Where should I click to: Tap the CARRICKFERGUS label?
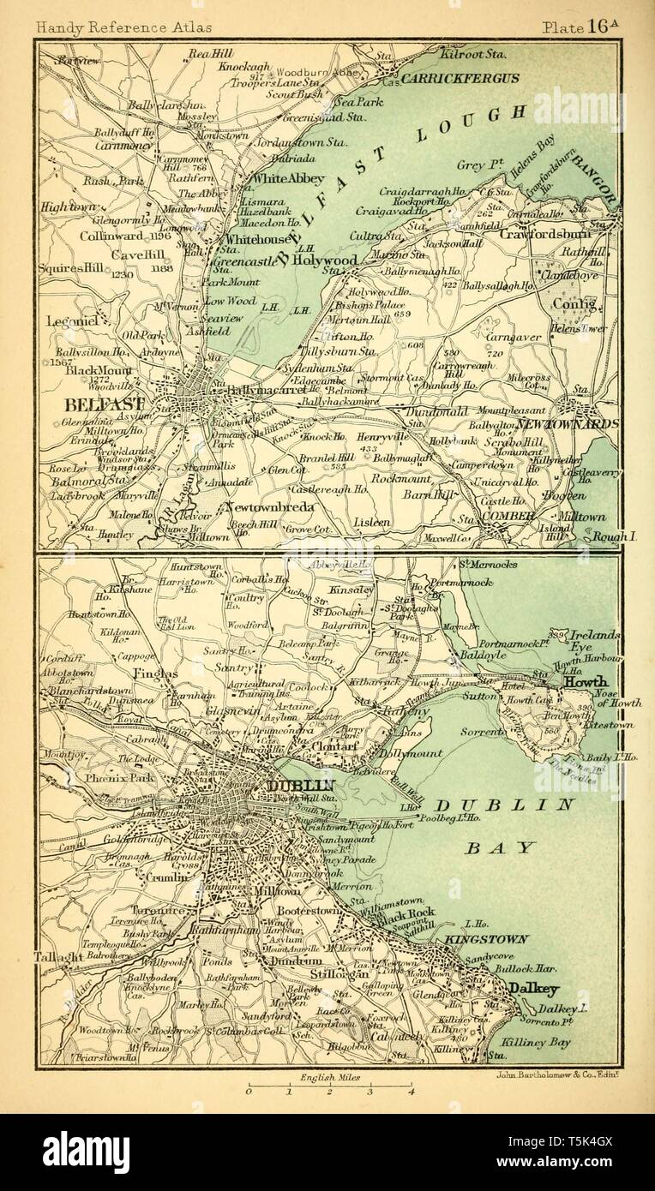point(461,78)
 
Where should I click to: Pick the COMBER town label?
point(508,516)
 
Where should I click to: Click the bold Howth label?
point(586,682)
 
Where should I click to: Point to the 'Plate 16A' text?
point(580,26)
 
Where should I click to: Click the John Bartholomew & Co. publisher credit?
point(556,1074)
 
